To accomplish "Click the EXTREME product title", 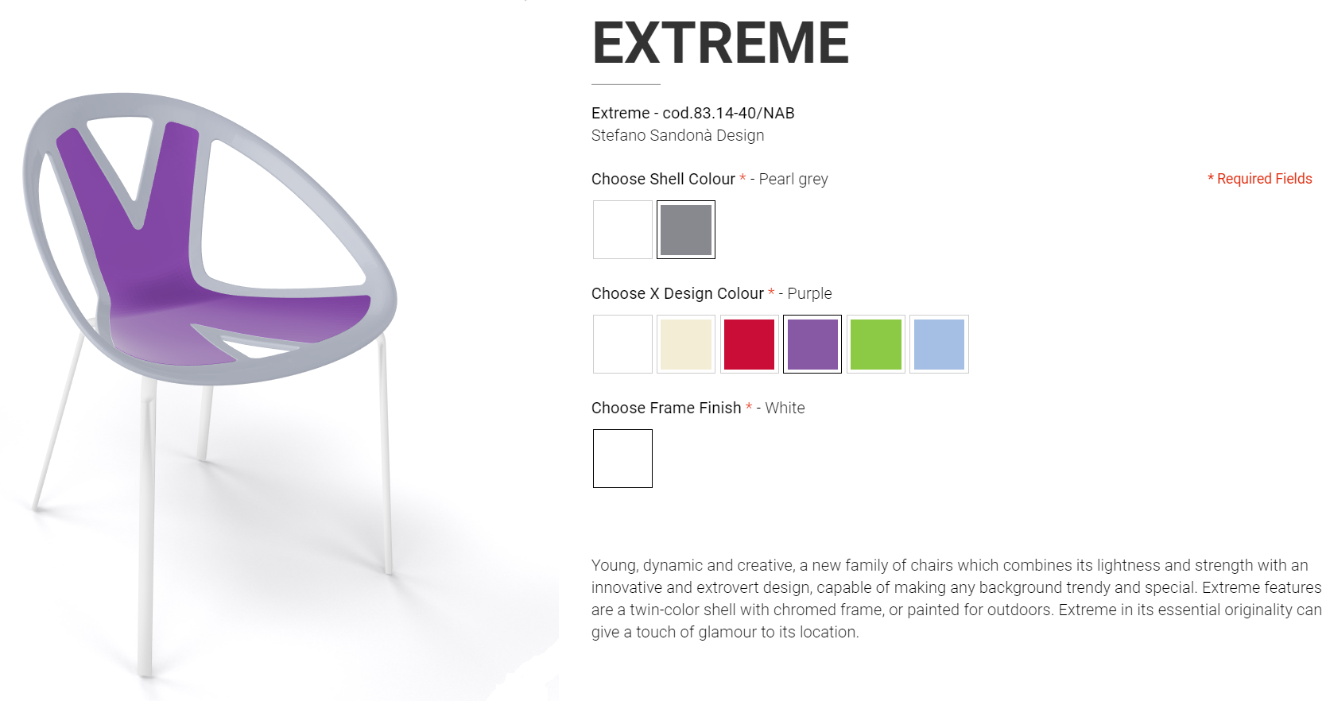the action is (720, 43).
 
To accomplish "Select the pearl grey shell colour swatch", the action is (685, 230).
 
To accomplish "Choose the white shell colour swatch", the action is (622, 230).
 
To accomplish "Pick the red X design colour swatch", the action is (749, 344).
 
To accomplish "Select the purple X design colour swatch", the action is (812, 344).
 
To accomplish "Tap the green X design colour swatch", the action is (875, 344).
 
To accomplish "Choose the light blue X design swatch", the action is (939, 344).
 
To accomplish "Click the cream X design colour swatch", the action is (685, 344).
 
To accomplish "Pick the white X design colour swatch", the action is (622, 344).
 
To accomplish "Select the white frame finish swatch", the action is (622, 459).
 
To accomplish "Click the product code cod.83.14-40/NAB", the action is (728, 113).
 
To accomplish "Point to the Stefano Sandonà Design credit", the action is (678, 136).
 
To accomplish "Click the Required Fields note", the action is (1260, 179).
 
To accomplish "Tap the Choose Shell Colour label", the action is (663, 179).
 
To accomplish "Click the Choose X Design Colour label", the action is (677, 293).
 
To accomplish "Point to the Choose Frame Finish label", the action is (666, 408).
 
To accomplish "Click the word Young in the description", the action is (615, 565).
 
